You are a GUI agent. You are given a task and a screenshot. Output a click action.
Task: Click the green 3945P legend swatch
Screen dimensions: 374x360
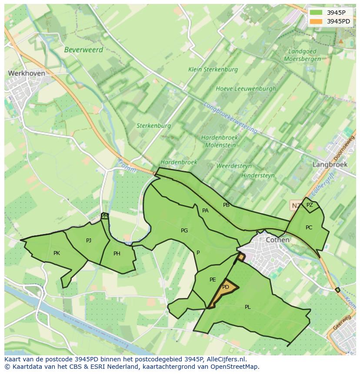pos(317,13)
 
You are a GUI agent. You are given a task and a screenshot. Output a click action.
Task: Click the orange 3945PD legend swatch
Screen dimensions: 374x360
pos(317,21)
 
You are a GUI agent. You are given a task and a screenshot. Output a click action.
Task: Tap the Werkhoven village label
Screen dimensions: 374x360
pos(27,73)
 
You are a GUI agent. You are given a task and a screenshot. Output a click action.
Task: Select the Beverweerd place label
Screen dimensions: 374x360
pos(83,50)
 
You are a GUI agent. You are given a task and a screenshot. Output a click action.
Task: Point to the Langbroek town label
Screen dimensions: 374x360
pos(330,165)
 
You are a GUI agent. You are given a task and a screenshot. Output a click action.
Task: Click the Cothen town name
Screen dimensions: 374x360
pos(277,239)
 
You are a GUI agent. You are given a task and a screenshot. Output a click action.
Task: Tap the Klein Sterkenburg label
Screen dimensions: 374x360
pos(213,70)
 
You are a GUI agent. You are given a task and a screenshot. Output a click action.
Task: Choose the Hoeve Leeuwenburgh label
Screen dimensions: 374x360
pos(246,89)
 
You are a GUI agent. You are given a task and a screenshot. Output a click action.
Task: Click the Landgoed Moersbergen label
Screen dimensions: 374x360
pos(302,55)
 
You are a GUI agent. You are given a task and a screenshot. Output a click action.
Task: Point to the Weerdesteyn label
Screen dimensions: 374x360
pos(234,166)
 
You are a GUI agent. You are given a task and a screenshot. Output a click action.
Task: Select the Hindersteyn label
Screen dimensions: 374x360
pos(258,175)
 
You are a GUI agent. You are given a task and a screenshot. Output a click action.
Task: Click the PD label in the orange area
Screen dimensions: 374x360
pos(225,287)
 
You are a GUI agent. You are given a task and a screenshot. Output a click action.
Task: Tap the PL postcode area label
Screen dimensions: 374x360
pos(248,307)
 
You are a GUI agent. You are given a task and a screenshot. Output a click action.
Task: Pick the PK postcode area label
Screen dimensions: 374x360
pos(57,253)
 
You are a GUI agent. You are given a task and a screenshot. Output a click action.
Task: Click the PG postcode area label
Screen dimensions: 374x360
pos(184,231)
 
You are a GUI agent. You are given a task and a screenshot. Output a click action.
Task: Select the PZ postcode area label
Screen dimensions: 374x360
pos(310,205)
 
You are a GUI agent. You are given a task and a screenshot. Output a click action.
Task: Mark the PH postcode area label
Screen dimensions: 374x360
pos(117,254)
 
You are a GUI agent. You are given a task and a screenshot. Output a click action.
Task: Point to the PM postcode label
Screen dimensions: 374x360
pos(104,215)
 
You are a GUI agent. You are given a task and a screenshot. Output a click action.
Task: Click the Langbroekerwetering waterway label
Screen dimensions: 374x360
pos(230,117)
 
